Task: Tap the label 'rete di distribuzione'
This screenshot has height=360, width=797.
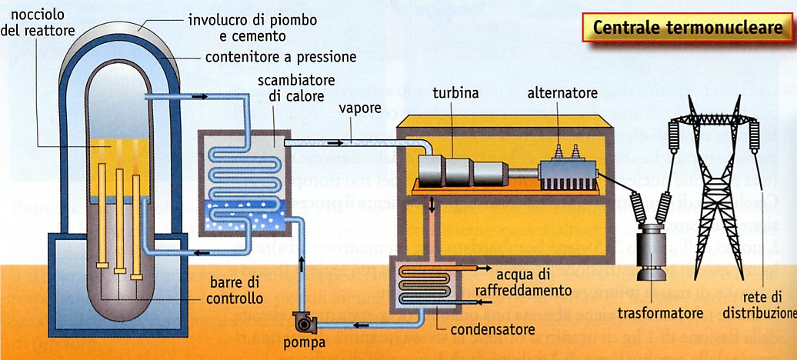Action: [758, 305]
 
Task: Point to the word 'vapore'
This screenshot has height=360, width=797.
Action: [360, 108]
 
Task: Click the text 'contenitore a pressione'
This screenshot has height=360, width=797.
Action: [280, 58]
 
